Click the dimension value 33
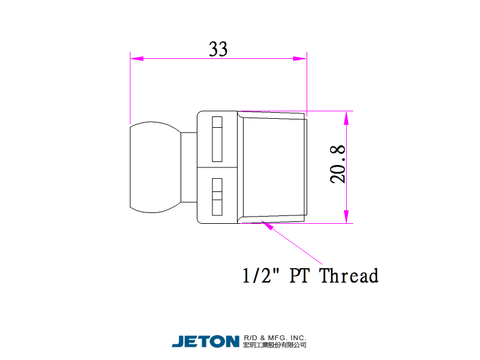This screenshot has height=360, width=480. pyautogui.click(x=218, y=49)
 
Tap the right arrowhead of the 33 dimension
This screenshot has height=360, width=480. pyautogui.click(x=299, y=59)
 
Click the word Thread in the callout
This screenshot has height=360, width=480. pyautogui.click(x=349, y=276)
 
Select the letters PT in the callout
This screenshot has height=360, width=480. pyautogui.click(x=300, y=276)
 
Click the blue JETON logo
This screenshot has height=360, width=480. pyautogui.click(x=206, y=341)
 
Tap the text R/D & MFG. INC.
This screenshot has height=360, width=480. pyautogui.click(x=275, y=337)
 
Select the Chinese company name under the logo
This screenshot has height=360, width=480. pyautogui.click(x=275, y=345)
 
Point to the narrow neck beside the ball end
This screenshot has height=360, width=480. pyautogui.click(x=189, y=167)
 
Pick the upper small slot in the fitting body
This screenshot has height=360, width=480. pyautogui.click(x=217, y=139)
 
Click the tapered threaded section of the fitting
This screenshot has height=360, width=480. pyautogui.click(x=273, y=167)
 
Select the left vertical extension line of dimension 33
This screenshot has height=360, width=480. pyautogui.click(x=130, y=87)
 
